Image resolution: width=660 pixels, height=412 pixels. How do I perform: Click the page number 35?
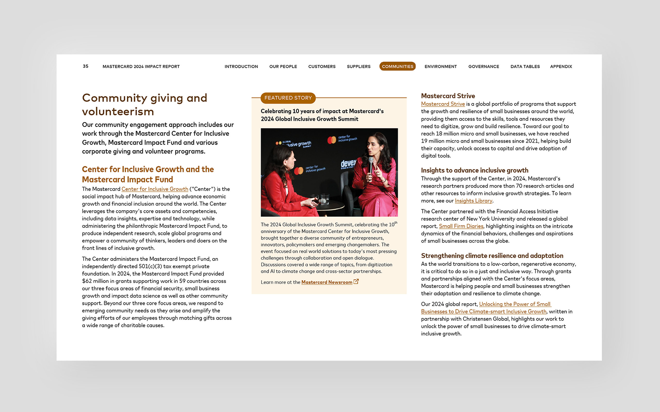click(85, 66)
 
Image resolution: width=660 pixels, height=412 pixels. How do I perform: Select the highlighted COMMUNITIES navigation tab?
click(397, 66)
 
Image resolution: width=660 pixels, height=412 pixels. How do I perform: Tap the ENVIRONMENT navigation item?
click(440, 66)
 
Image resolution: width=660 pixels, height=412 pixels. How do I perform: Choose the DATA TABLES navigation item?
click(525, 66)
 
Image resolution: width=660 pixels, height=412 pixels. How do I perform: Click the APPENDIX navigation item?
click(561, 66)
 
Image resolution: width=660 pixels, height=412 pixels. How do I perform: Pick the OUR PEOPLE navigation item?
click(283, 66)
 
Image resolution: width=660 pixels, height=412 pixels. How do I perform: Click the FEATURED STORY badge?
click(288, 98)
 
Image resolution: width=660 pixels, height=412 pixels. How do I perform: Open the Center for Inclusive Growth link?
click(155, 189)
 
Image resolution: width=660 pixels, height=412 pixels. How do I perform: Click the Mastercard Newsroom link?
click(327, 282)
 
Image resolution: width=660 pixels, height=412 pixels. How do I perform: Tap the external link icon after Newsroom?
click(356, 282)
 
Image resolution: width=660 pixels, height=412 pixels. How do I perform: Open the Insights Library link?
click(473, 201)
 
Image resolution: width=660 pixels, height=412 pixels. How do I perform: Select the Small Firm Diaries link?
click(461, 226)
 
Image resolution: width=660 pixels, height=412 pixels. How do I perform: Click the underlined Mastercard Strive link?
click(443, 104)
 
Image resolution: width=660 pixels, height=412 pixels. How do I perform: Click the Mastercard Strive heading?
click(448, 96)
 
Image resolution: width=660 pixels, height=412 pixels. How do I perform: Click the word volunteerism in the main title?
click(118, 112)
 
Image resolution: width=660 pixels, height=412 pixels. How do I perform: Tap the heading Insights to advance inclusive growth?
click(475, 170)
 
